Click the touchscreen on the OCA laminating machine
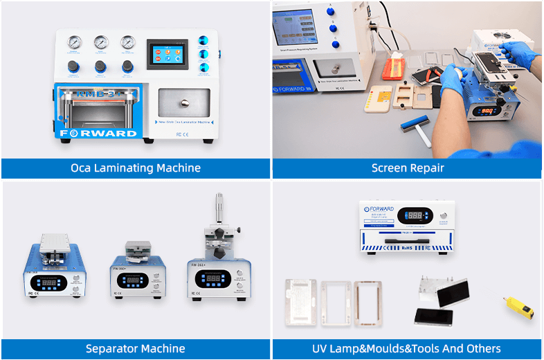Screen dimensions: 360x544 coord(167,54)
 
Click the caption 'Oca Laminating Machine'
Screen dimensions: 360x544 coord(136,168)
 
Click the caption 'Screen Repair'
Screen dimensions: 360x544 coord(408,168)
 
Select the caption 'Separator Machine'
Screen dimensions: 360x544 coord(136,348)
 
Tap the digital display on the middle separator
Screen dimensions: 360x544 coord(132,280)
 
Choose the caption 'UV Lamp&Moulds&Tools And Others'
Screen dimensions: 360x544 coord(408,348)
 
